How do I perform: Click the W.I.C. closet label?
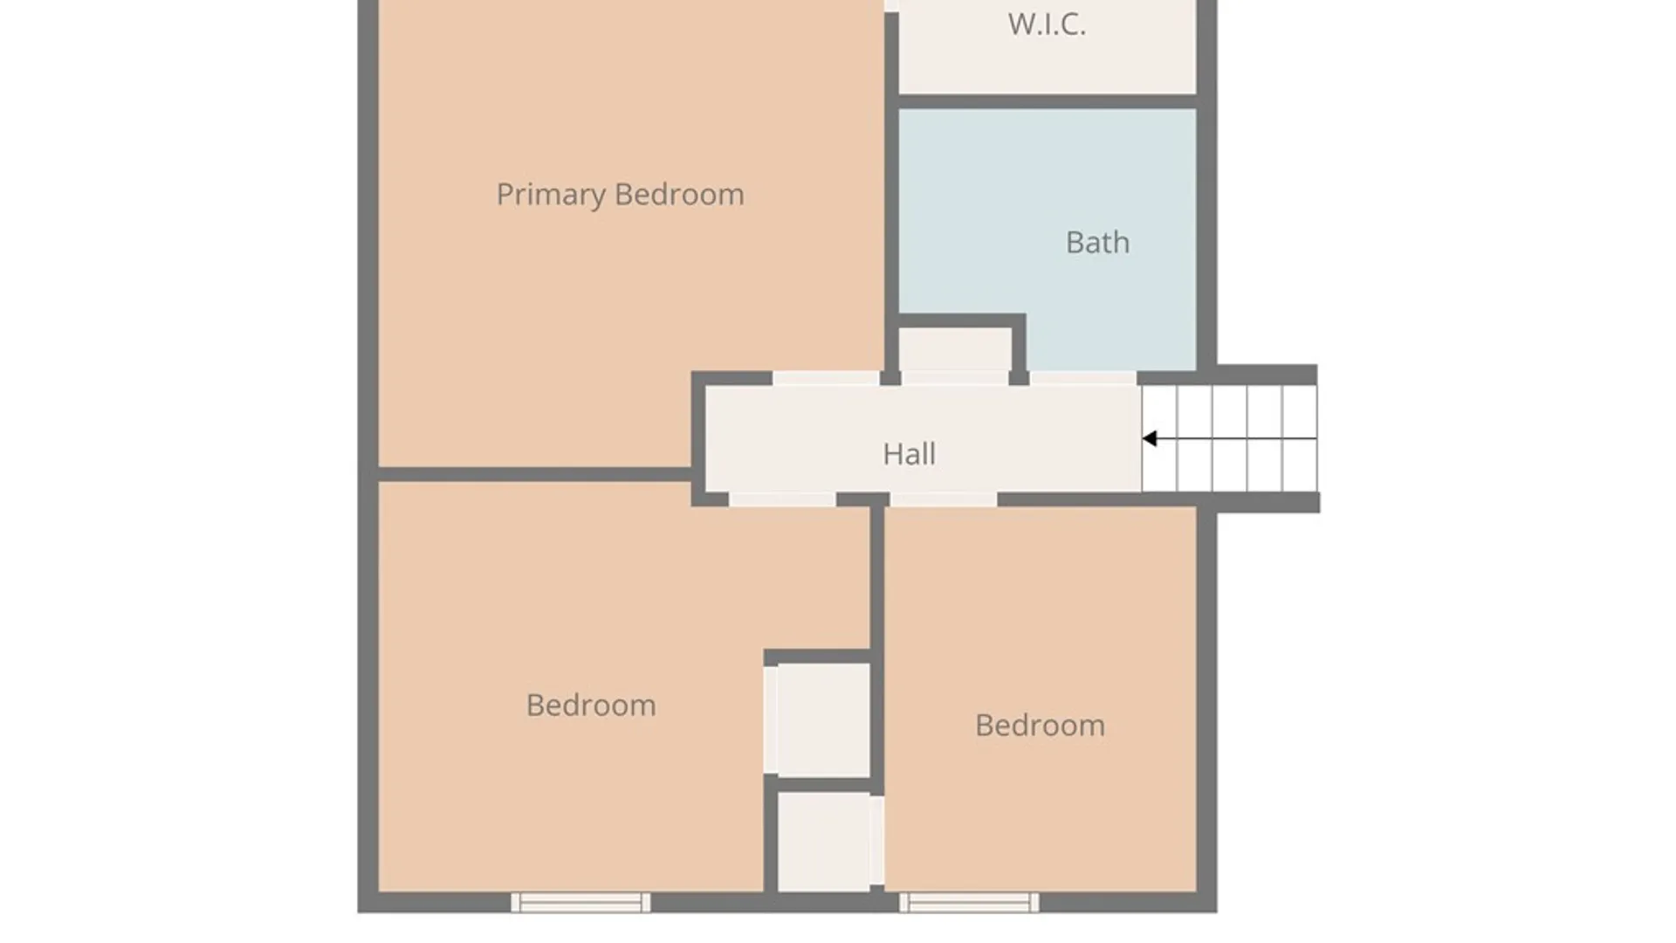pos(1047,24)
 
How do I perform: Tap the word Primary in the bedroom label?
pos(551,195)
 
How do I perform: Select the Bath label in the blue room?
pos(1097,242)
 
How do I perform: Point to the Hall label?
pos(909,454)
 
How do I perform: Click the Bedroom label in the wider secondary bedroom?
pos(591,706)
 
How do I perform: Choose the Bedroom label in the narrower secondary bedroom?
pos(1040,726)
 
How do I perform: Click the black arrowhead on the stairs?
pos(1150,438)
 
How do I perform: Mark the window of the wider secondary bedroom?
pos(580,903)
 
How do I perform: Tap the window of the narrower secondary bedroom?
pos(969,903)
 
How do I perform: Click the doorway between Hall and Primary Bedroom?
pos(826,378)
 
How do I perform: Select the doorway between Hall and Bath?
pos(1083,378)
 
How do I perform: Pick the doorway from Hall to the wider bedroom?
pos(782,499)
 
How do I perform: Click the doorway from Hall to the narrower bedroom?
pos(944,499)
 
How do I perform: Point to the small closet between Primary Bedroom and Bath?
pos(955,349)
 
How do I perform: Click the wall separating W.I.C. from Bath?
pos(1047,102)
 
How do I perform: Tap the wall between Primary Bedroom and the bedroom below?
pos(534,474)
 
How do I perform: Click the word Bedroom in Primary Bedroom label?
pos(679,195)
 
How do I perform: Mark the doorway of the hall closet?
pos(955,378)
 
